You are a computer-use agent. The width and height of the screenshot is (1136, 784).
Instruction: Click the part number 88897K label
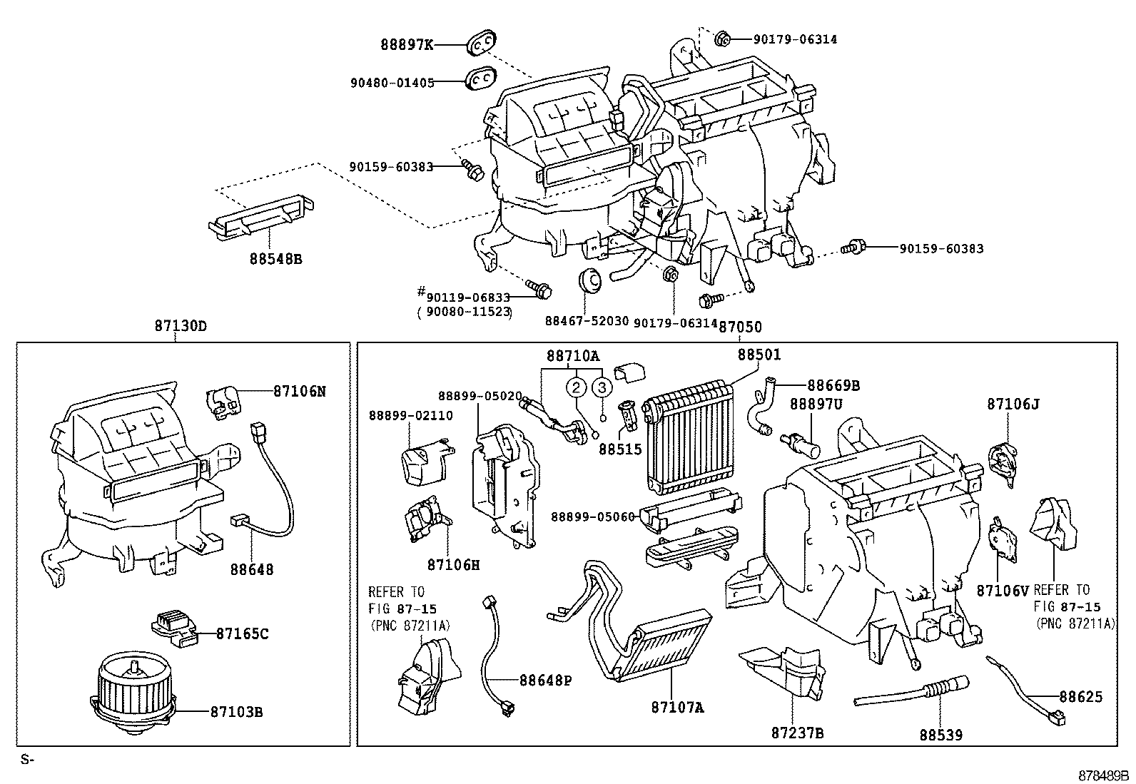[406, 45]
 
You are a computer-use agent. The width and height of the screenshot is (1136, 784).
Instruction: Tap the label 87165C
[242, 633]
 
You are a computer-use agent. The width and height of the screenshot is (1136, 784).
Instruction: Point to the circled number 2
[577, 387]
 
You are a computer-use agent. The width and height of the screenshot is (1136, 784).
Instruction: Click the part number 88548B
[275, 259]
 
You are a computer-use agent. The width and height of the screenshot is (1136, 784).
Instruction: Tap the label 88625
[1080, 696]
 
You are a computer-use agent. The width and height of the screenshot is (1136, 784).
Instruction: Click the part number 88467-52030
[587, 322]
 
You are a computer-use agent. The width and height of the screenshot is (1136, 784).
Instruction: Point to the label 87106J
[1013, 404]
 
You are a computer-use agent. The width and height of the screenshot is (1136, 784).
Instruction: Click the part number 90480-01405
[392, 82]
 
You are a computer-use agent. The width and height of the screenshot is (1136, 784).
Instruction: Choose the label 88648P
[545, 681]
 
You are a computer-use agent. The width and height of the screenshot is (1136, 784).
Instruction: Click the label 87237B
[798, 733]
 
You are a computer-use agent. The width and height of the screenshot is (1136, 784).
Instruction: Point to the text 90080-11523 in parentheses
[465, 312]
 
